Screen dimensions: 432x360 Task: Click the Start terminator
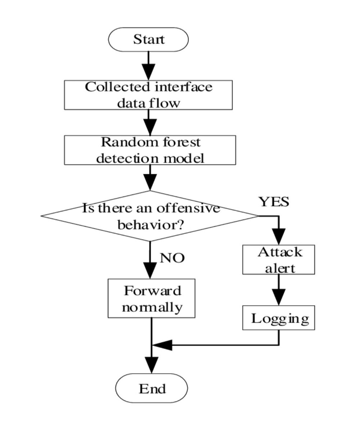pyautogui.click(x=148, y=39)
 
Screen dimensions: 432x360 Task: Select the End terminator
pyautogui.click(x=152, y=388)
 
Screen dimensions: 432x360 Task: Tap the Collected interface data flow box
pyautogui.click(x=148, y=95)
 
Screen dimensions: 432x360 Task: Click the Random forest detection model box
pyautogui.click(x=150, y=150)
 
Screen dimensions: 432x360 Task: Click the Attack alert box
pyautogui.click(x=279, y=260)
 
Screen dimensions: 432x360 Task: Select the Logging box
pyautogui.click(x=279, y=318)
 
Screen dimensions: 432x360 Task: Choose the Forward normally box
pyautogui.click(x=152, y=298)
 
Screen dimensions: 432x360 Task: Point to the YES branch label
pyautogui.click(x=274, y=202)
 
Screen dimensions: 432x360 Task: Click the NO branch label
pyautogui.click(x=172, y=258)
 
